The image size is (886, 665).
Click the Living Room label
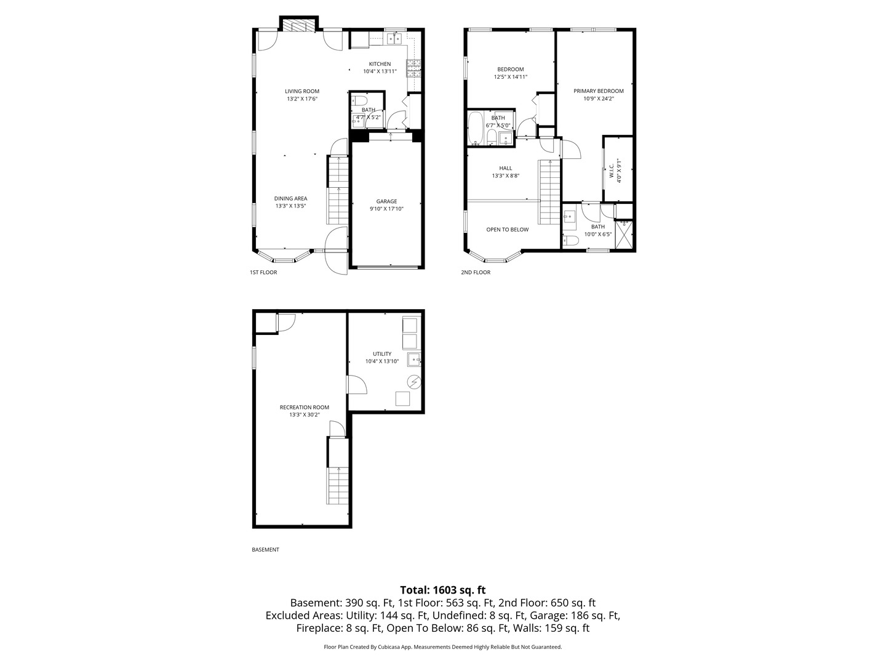tap(302, 91)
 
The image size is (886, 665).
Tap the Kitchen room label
tap(380, 64)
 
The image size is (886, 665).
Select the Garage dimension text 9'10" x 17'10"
tap(386, 209)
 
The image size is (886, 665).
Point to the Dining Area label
tap(290, 198)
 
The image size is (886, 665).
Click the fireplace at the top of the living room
tap(299, 25)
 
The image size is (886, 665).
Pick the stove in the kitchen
tap(415, 66)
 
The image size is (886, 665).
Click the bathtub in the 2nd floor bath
tap(476, 127)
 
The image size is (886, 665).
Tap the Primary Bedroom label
tap(598, 91)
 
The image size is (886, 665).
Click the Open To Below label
tap(507, 230)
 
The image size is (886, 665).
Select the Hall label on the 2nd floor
tap(505, 168)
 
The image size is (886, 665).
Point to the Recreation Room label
tap(304, 407)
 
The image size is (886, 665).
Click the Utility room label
tap(381, 353)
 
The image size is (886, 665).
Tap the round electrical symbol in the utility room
tap(415, 382)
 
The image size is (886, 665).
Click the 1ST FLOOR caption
tap(263, 272)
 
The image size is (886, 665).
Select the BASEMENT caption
tap(265, 550)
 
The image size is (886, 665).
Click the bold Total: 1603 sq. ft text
tap(442, 590)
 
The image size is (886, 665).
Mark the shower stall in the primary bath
tap(625, 235)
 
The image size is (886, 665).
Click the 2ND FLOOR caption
tap(476, 272)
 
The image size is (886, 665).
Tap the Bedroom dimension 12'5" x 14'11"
tap(510, 77)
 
